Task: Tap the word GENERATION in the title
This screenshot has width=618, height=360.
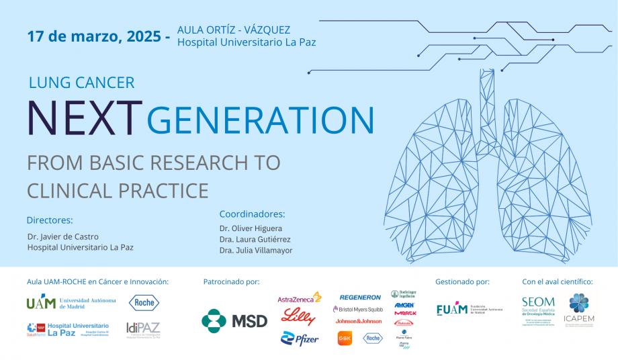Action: [260, 119]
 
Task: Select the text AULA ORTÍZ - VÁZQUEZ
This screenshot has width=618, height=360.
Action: [233, 30]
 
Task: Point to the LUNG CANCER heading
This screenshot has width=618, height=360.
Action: [81, 83]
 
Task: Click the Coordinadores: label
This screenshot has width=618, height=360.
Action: [252, 214]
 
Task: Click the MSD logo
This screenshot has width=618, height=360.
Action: [234, 320]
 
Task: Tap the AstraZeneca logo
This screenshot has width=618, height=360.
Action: [299, 298]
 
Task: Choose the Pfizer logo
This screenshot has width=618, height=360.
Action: [300, 339]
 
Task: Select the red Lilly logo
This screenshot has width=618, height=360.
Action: [299, 316]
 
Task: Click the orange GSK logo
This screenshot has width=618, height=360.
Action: [345, 339]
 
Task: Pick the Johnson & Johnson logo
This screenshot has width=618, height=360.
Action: [359, 322]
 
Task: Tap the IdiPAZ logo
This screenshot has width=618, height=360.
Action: [143, 329]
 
